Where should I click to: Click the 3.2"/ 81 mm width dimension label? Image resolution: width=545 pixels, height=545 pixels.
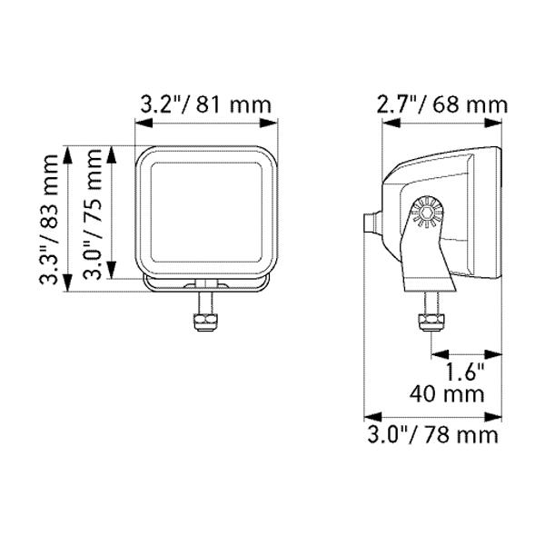tap(206, 104)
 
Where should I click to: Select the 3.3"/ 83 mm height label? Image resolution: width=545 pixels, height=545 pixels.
tap(48, 219)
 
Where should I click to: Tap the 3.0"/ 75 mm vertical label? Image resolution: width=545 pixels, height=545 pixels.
tap(93, 214)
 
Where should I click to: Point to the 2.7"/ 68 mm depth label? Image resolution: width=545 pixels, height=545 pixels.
tap(442, 104)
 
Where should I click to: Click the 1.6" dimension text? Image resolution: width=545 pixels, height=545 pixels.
tap(465, 372)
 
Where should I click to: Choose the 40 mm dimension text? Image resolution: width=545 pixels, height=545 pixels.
tap(447, 394)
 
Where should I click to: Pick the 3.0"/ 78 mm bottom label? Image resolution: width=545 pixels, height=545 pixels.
tap(433, 435)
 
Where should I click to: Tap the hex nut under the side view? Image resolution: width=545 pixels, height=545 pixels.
tap(431, 322)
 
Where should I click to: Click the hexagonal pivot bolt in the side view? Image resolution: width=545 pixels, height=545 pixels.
tap(427, 213)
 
